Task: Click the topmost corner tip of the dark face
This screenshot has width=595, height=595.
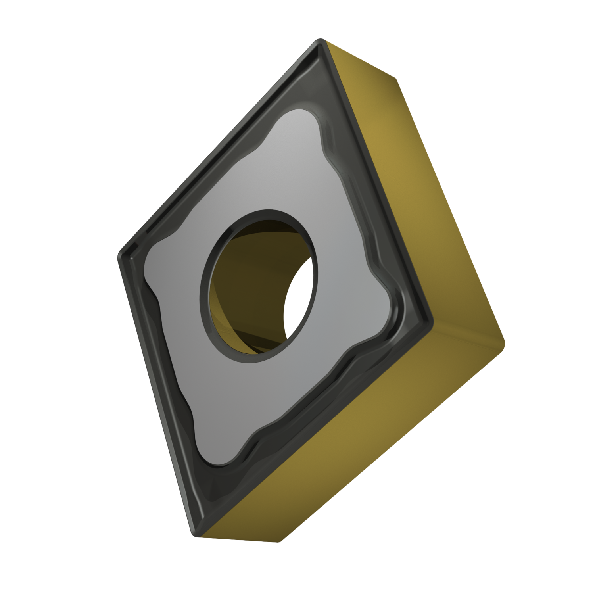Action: click(320, 42)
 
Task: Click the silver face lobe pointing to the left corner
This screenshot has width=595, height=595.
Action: click(151, 266)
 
